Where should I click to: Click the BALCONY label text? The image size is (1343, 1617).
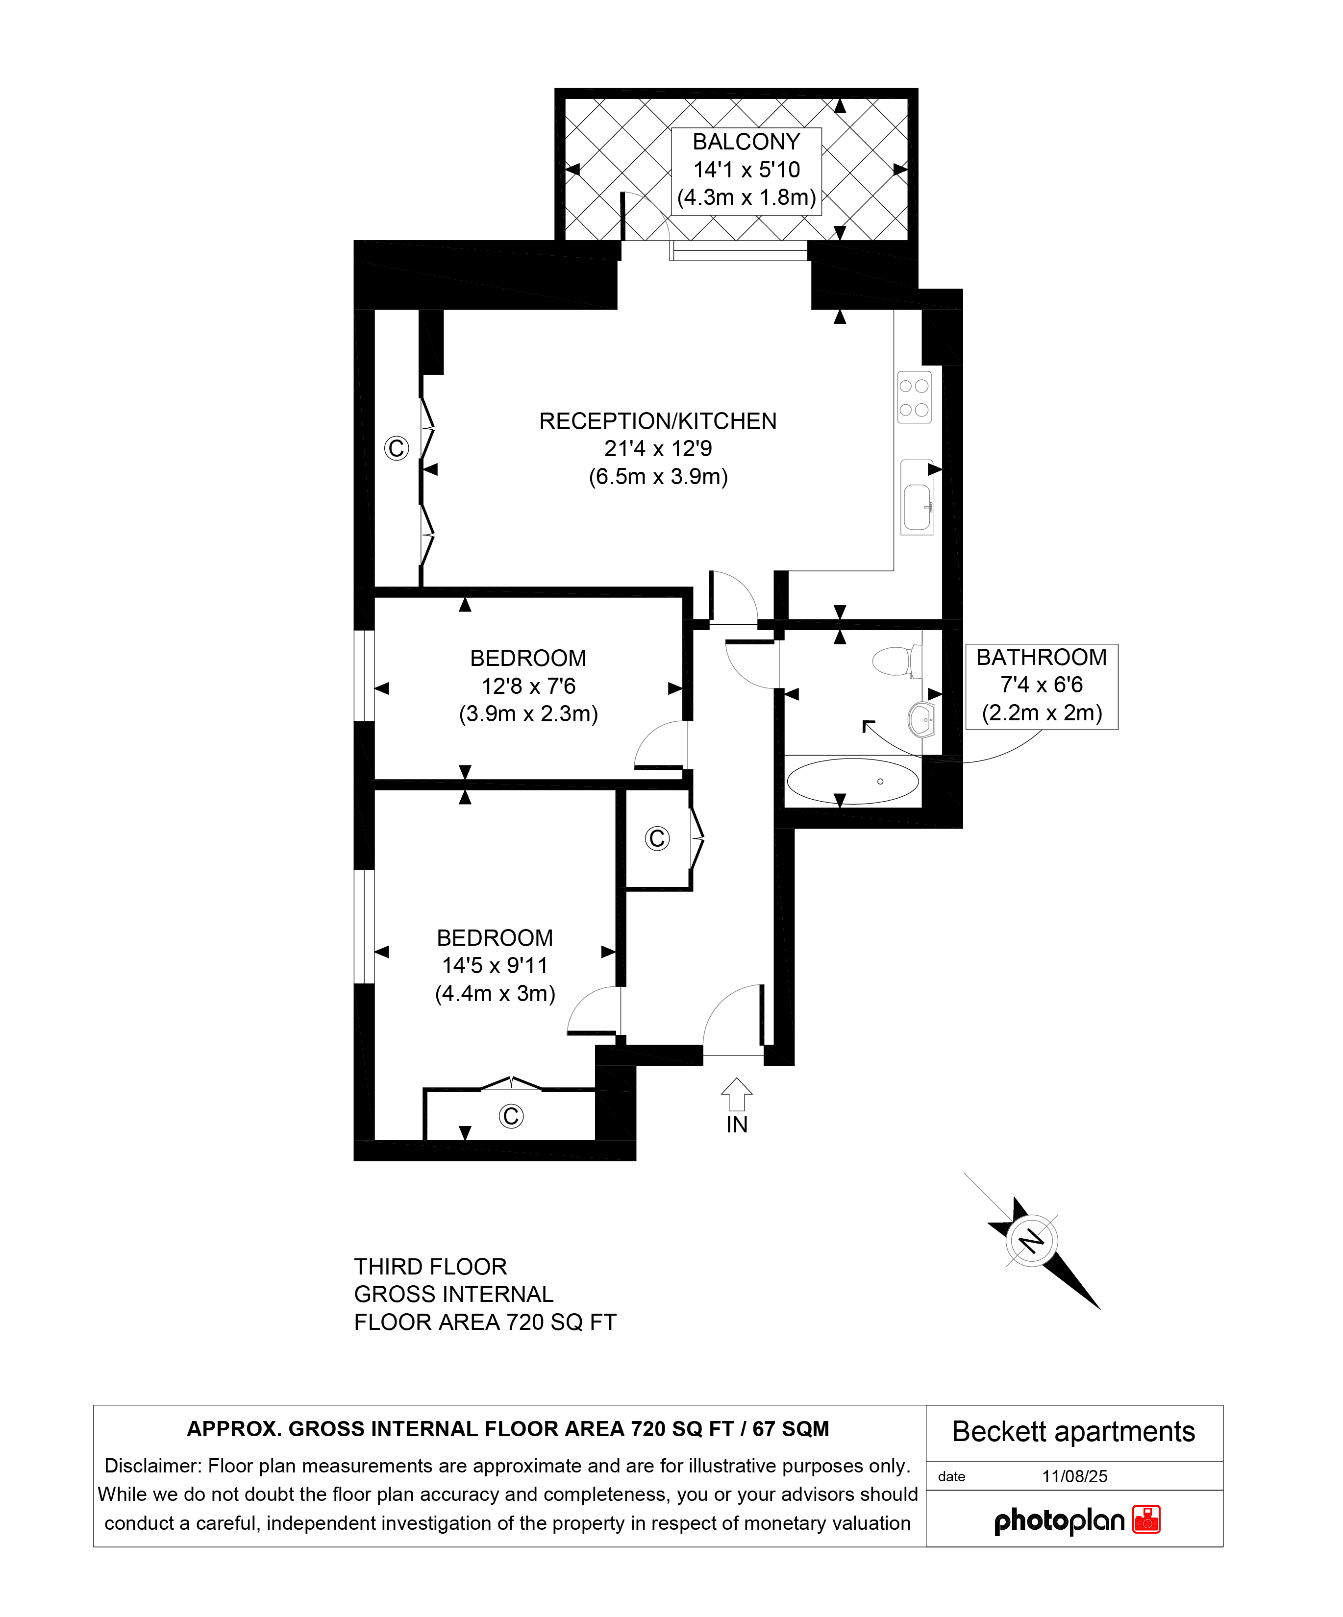(x=746, y=142)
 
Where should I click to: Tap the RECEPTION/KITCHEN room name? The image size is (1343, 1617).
(x=658, y=421)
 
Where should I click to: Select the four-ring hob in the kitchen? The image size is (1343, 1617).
(x=914, y=397)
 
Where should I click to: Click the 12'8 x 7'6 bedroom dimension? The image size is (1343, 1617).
(x=528, y=686)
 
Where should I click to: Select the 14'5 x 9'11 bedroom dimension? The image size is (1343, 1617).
(x=495, y=966)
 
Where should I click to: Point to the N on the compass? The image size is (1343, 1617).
(x=1031, y=1241)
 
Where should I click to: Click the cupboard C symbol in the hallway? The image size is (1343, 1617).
(x=657, y=838)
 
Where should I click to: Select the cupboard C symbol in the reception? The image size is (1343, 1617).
(x=396, y=448)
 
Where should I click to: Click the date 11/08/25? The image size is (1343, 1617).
(x=1074, y=1476)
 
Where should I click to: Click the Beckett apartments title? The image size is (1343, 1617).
(x=1073, y=1431)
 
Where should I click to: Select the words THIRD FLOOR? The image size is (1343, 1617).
(x=430, y=1267)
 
